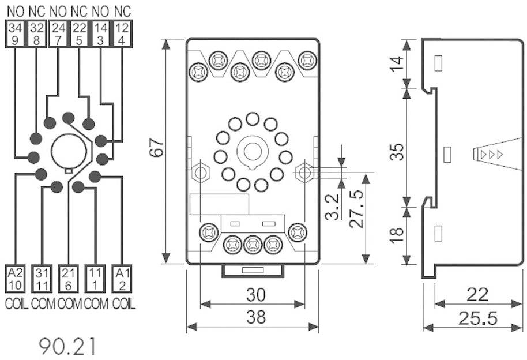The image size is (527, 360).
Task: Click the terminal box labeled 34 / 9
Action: (x=16, y=33)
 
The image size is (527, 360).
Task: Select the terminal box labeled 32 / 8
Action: (x=37, y=33)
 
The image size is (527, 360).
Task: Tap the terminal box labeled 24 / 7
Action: (x=58, y=33)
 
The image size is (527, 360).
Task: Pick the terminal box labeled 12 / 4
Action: (x=122, y=33)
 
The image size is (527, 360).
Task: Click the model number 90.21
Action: (x=67, y=346)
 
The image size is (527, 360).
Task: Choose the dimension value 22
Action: (x=476, y=295)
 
